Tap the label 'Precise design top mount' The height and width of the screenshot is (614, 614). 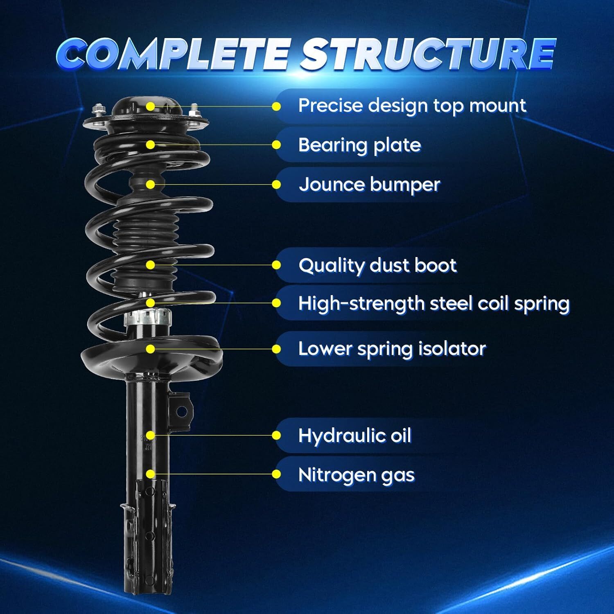pos(412,106)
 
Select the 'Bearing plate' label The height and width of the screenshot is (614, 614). pos(359,145)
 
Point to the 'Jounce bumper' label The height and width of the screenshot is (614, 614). pos(369,185)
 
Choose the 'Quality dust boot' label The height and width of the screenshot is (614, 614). pos(377,265)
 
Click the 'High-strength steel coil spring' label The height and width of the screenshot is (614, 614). pos(433,304)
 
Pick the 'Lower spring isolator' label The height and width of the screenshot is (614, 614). pos(392,349)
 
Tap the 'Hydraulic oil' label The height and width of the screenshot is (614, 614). pos(354,436)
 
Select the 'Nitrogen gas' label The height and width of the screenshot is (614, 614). pos(356,475)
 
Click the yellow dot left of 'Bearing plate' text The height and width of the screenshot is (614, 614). pos(277,145)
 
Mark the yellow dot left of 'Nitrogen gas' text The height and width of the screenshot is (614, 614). pos(277,474)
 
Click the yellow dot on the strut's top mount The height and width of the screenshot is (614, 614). pos(151,106)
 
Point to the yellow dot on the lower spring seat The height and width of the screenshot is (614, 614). pos(151,349)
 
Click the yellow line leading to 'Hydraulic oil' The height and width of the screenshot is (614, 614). pos(213,436)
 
